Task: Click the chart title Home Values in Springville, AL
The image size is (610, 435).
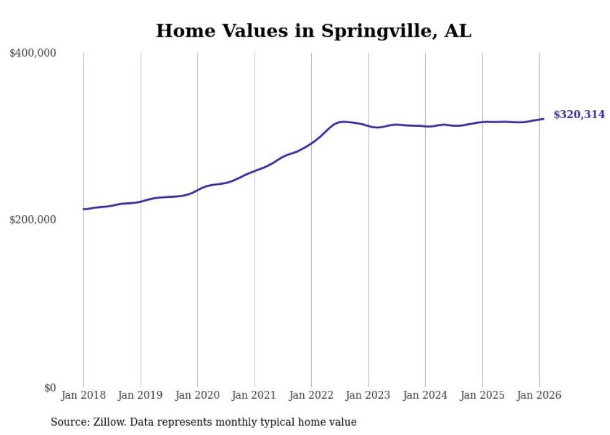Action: click(x=314, y=30)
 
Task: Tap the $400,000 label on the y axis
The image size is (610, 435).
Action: click(x=33, y=54)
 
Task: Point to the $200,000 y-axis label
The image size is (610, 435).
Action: click(x=33, y=220)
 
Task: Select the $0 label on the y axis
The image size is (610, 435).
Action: click(x=50, y=388)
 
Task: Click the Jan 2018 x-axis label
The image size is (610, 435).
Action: click(x=83, y=396)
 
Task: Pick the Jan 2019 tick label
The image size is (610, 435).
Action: click(x=141, y=396)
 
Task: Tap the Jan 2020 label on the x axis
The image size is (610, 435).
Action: click(x=197, y=396)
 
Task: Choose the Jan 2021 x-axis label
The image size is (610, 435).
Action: click(x=255, y=396)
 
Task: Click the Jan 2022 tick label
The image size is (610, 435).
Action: click(x=311, y=396)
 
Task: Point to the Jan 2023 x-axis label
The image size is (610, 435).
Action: click(x=368, y=396)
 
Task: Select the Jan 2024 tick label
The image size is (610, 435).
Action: click(x=425, y=396)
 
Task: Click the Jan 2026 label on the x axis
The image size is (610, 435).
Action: click(x=539, y=396)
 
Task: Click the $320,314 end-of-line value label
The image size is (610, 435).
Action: click(x=579, y=115)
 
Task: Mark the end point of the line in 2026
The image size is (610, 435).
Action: click(x=543, y=119)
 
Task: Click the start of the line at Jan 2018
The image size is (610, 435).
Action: click(x=83, y=209)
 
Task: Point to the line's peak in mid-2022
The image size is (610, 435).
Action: click(x=343, y=122)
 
